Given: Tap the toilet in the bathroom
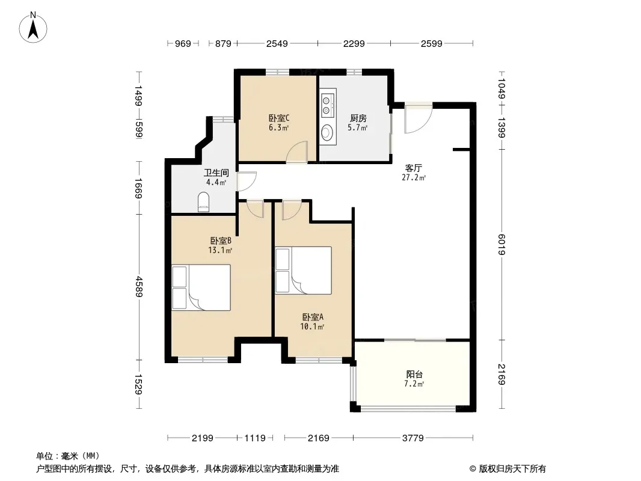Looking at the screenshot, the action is (203, 202).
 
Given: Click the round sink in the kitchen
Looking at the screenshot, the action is (327, 132).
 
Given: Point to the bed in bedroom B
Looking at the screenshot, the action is (201, 287).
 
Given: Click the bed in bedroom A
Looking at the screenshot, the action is (303, 270).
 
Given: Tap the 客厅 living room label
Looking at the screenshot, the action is (413, 168).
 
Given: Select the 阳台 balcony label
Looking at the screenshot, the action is (414, 374).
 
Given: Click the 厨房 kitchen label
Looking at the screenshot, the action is (358, 118).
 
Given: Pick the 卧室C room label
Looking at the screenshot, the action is (279, 118).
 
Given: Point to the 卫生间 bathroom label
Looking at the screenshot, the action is (216, 173).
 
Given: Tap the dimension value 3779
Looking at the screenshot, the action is (413, 438).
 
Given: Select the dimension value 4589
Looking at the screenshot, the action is (140, 287).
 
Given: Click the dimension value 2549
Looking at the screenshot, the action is (277, 43).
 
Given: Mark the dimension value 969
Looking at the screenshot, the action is (183, 43).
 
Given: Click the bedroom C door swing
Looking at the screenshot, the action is (297, 152).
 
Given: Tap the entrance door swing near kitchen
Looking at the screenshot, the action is (418, 118).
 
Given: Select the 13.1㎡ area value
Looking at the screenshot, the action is (220, 250).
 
